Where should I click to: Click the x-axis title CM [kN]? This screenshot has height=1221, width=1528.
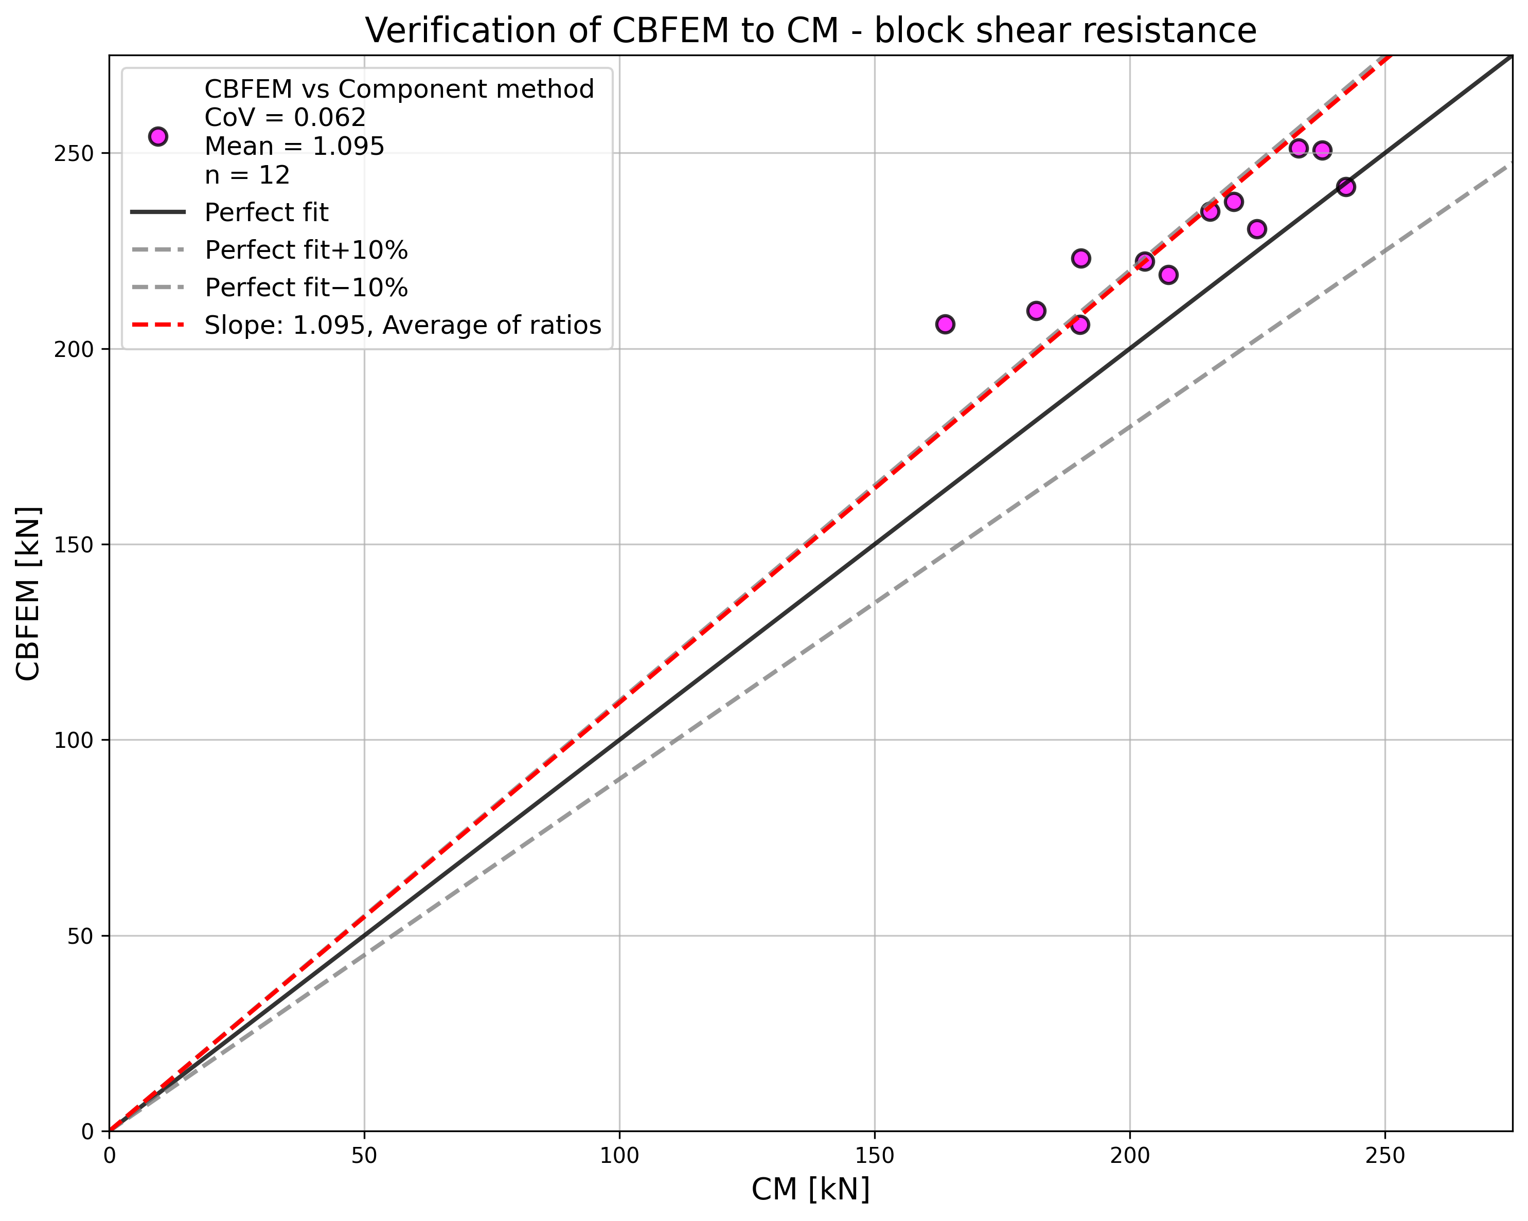tap(810, 1189)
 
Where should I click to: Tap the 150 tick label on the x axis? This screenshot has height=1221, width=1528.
tap(874, 1156)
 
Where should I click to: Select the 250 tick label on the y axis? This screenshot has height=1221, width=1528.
tap(74, 153)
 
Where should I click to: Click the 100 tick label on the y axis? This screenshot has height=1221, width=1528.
tap(74, 740)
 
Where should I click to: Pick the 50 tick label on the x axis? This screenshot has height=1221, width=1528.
tap(364, 1156)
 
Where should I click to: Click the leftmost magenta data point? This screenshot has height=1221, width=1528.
tap(945, 324)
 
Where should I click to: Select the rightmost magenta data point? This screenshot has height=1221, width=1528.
tap(1345, 186)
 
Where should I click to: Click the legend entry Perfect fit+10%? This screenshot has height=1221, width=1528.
tap(306, 250)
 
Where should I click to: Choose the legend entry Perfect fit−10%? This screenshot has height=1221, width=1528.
tap(306, 288)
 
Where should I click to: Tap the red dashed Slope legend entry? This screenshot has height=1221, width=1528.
tap(402, 325)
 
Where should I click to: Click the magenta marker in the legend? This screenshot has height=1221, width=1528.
tap(158, 136)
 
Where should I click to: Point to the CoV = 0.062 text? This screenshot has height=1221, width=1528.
tap(285, 118)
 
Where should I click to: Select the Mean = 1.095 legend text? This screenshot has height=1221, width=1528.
tap(294, 147)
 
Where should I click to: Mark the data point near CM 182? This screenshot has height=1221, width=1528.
tap(1036, 310)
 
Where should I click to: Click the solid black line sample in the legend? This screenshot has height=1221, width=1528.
tap(158, 212)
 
